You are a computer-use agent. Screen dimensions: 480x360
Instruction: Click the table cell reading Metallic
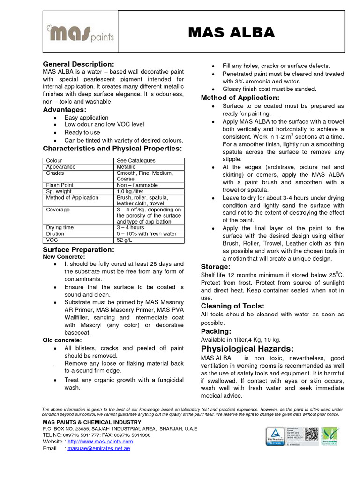[126, 167]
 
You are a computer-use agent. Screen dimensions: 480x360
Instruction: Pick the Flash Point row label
[60, 185]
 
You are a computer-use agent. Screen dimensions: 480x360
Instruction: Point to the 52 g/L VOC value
[124, 240]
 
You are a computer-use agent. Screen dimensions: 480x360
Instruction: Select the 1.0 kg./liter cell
[130, 191]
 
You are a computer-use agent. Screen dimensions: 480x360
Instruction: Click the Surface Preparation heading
[78, 249]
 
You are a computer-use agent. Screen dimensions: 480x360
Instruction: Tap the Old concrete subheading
[62, 340]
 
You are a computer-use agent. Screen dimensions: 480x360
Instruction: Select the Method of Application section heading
[240, 97]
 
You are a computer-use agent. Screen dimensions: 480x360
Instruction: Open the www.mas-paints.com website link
[100, 442]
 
